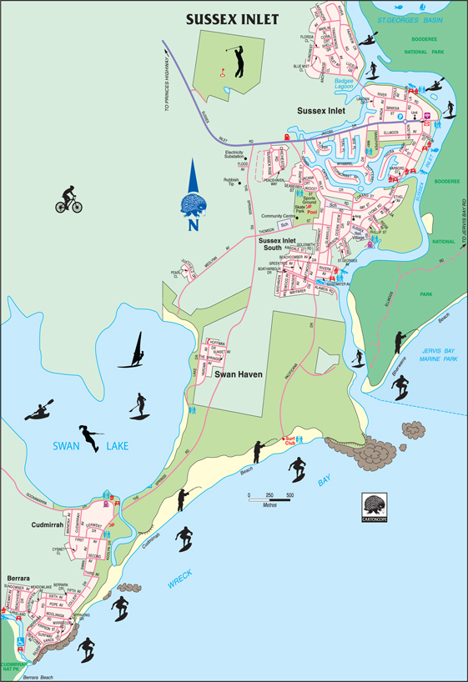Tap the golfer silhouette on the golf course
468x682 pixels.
pyautogui.click(x=239, y=61)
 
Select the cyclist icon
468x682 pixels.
pyautogui.click(x=68, y=198)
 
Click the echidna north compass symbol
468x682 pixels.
pyautogui.click(x=194, y=204)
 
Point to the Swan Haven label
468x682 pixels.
pyautogui.click(x=239, y=375)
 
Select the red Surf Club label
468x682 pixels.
pyautogui.click(x=290, y=440)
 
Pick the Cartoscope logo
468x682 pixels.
pyautogui.click(x=375, y=508)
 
